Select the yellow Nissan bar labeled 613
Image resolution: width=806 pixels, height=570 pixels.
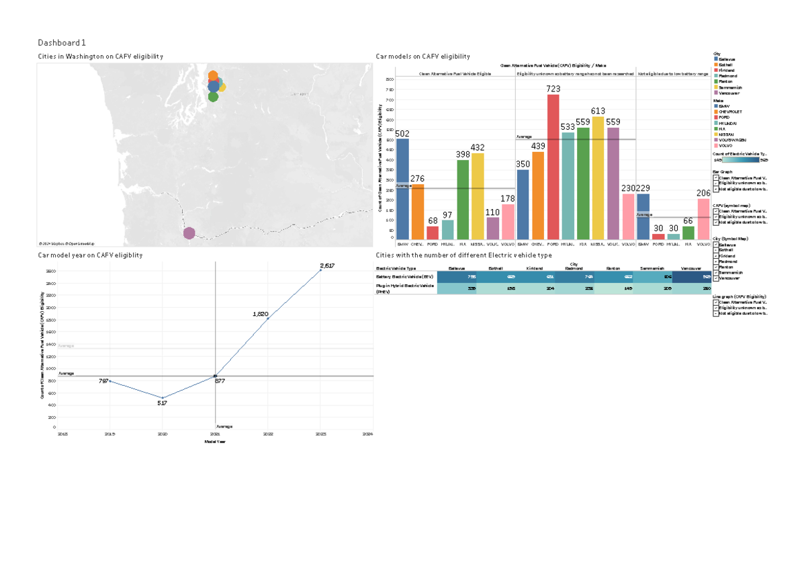pos(598,178)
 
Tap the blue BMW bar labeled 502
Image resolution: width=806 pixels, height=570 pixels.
pos(402,189)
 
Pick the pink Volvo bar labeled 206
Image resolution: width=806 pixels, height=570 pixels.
pos(703,218)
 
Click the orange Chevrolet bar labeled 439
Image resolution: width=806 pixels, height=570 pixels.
pos(538,196)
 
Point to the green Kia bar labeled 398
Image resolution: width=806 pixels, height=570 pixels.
pos(463,200)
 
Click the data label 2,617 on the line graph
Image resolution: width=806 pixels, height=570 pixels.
pos(326,266)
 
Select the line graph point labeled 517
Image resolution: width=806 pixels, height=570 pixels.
pos(162,398)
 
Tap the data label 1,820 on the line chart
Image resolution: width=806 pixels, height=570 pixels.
pos(261,314)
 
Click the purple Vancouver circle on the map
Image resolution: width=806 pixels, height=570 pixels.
pos(189,233)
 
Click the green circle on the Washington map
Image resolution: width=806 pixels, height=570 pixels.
pos(214,97)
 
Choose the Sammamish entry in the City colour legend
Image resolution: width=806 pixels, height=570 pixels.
pos(731,87)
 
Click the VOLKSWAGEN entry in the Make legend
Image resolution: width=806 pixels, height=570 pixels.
pos(733,139)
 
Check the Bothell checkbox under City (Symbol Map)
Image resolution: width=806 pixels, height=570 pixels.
pos(716,251)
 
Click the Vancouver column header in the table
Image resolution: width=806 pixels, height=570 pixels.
pos(690,268)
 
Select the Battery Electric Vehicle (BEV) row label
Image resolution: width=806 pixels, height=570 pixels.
pos(404,276)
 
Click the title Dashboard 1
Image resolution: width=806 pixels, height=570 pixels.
pos(62,42)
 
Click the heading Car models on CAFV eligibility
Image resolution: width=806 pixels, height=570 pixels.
pos(422,56)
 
